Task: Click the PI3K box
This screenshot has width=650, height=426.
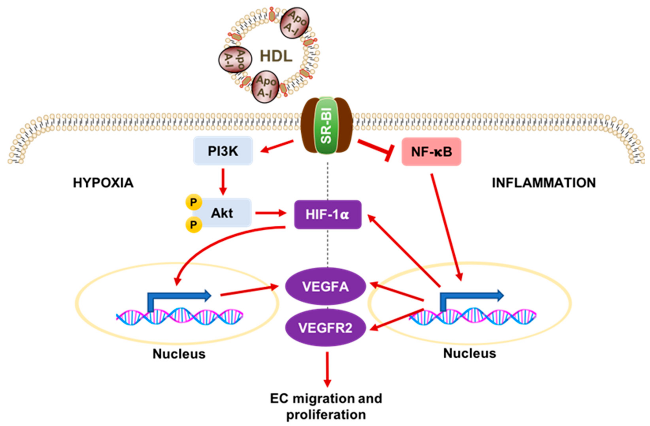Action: click(x=223, y=151)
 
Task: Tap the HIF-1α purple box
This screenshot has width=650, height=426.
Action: click(x=328, y=214)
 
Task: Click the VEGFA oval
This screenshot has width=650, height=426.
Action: click(x=325, y=287)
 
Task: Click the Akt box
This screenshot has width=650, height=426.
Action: click(x=222, y=213)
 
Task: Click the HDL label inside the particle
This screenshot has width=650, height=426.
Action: click(x=276, y=56)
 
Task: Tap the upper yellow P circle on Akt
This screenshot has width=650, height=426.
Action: click(x=194, y=202)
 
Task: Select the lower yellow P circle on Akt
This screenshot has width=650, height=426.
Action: click(x=194, y=225)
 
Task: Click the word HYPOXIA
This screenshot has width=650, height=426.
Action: click(x=103, y=183)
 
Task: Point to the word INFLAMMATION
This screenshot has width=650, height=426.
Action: click(x=544, y=183)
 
